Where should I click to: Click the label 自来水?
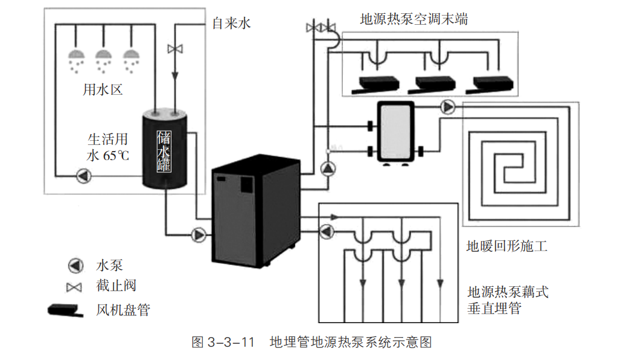point(231,24)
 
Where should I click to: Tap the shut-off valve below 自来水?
point(176,48)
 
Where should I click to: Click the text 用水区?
point(103,91)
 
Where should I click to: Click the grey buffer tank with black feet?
point(395,132)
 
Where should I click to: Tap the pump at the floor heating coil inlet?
point(447,107)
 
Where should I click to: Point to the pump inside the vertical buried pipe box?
point(327,232)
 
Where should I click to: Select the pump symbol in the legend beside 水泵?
point(75,265)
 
